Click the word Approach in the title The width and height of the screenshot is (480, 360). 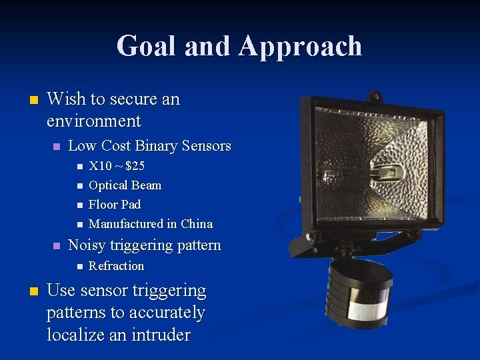click(299, 46)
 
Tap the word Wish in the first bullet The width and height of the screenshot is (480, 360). click(66, 99)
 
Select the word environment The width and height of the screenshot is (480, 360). click(94, 121)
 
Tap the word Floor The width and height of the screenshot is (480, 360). click(103, 205)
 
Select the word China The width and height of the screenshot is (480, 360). click(197, 224)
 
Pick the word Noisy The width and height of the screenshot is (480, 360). click(87, 245)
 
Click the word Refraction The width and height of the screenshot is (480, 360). click(116, 266)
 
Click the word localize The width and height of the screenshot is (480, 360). click(71, 335)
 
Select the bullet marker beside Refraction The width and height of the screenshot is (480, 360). click(79, 267)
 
